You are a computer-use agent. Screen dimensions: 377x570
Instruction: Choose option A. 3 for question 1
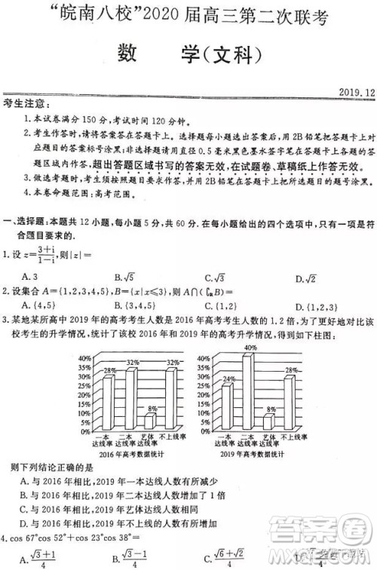(30, 277)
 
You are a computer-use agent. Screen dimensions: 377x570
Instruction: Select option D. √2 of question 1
(305, 278)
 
